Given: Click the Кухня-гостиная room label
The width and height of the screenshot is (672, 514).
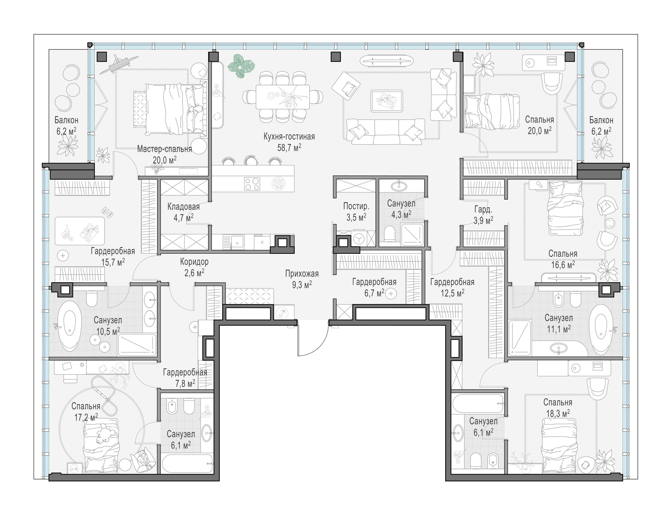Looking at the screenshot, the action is [289, 137].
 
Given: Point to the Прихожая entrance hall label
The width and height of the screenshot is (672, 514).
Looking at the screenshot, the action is [302, 273].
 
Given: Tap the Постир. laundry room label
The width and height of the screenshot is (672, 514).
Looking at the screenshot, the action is [356, 206].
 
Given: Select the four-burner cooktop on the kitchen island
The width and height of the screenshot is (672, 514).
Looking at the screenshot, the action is [252, 184].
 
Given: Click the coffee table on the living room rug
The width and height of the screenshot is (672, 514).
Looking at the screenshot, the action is [387, 101].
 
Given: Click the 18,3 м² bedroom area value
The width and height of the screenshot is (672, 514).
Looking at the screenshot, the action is [558, 414].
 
